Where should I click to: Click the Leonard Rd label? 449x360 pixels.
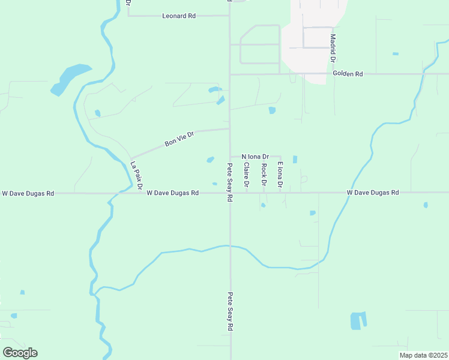point(179,16)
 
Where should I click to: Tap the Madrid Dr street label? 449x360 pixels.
point(333,48)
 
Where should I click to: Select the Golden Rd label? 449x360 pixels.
point(348,74)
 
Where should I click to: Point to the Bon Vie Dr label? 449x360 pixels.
point(179,140)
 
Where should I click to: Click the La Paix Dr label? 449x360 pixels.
point(136,176)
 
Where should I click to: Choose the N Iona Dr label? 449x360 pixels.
point(255,156)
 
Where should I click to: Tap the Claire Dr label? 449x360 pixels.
point(247,175)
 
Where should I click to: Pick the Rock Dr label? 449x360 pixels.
point(264,175)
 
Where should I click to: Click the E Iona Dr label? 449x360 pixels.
point(280,174)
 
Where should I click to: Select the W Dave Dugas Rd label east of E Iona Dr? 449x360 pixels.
point(373,193)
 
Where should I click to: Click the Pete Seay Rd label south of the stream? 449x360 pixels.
point(230,312)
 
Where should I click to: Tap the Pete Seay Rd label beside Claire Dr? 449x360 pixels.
point(230,182)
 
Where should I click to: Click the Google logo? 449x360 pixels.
point(20,353)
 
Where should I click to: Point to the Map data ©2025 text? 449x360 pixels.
point(423,355)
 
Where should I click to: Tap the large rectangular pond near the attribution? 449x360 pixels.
point(358,320)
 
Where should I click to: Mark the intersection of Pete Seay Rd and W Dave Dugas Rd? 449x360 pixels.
point(230,193)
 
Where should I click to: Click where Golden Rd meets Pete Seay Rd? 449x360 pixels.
point(230,74)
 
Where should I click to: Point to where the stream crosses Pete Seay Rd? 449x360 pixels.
point(230,245)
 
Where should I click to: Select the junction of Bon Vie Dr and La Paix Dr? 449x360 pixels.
point(130,158)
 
